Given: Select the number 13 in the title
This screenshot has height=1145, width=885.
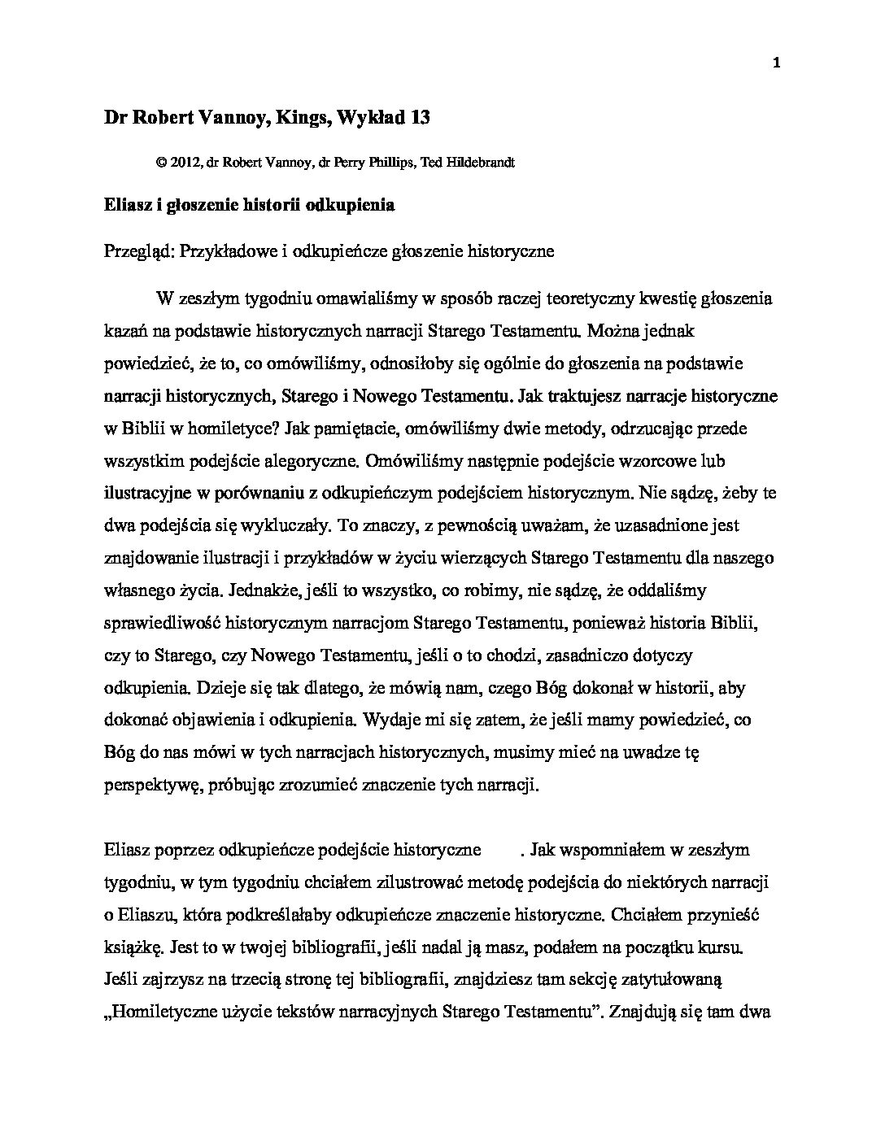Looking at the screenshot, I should pyautogui.click(x=421, y=118).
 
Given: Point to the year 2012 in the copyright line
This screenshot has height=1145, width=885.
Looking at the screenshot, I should pyautogui.click(x=183, y=162).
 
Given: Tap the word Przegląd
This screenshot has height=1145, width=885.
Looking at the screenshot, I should pyautogui.click(x=137, y=251).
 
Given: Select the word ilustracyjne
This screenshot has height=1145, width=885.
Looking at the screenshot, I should pyautogui.click(x=148, y=493).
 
